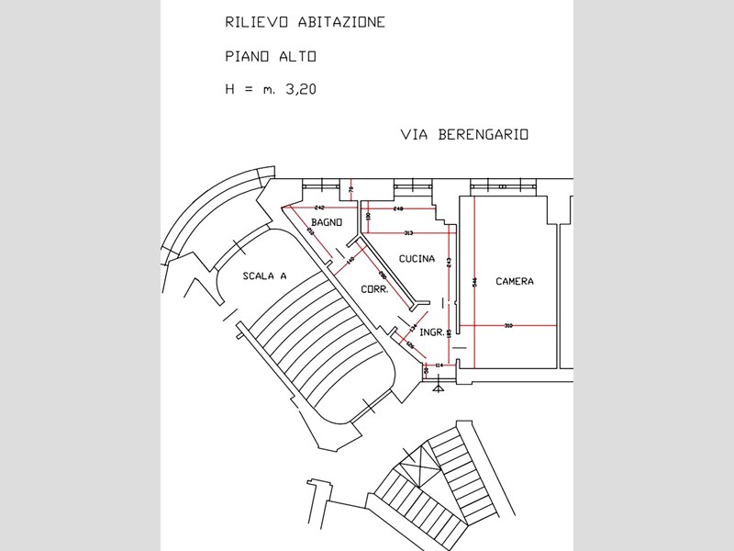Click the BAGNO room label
tap(327, 223)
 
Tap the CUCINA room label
tap(417, 259)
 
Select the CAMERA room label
tap(515, 281)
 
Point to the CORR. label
tap(375, 288)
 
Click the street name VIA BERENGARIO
tap(465, 134)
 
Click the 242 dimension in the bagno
tap(320, 208)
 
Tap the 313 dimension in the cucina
tap(408, 233)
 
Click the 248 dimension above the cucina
tap(398, 209)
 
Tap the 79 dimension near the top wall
tap(351, 190)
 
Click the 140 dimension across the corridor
tap(351, 262)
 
